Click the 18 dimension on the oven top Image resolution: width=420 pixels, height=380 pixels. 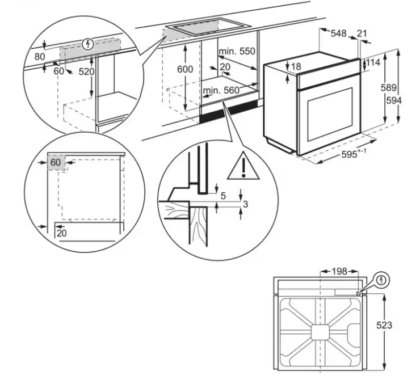click(x=296, y=67)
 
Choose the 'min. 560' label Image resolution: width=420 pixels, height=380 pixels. click(x=221, y=90)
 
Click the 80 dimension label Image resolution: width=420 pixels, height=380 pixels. click(x=39, y=57)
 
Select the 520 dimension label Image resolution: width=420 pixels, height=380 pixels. click(x=86, y=72)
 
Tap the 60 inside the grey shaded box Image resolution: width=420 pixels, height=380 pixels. click(x=55, y=162)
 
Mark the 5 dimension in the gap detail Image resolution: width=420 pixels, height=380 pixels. click(x=224, y=196)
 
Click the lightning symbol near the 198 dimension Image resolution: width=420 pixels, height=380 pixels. click(x=382, y=280)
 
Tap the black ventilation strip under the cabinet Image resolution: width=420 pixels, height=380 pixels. click(x=230, y=113)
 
